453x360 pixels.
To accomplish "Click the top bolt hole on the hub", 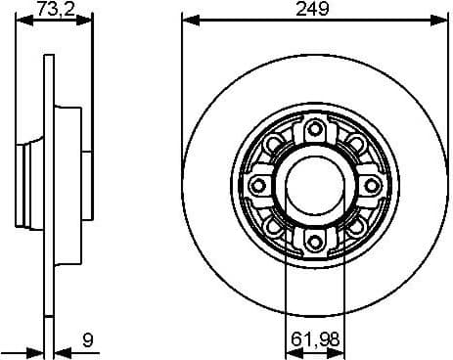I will point(314,130).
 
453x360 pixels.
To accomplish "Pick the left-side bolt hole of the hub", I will point(258,186).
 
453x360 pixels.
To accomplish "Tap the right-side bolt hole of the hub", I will point(370,186).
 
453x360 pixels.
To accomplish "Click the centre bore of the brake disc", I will point(314,186).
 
